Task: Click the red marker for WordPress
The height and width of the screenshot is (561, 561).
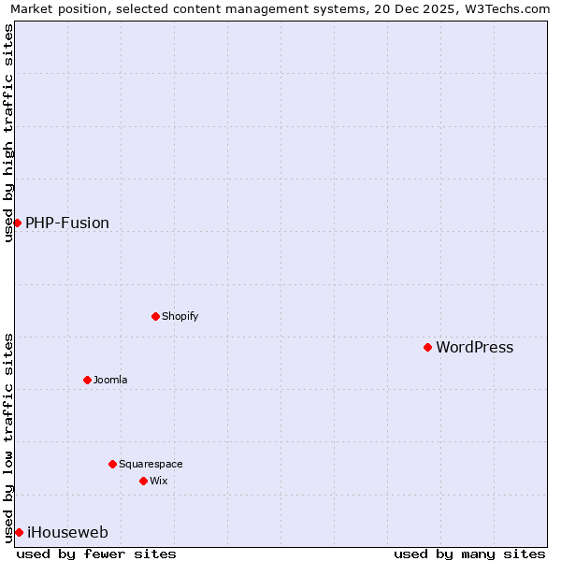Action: point(427,347)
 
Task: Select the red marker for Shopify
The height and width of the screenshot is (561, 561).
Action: point(155,316)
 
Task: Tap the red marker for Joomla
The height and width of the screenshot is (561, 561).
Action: point(87,380)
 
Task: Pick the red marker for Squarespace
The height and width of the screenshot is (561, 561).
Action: point(112,464)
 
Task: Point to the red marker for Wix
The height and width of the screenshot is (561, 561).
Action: point(143,481)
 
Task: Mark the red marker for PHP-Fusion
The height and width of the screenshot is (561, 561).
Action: point(17,223)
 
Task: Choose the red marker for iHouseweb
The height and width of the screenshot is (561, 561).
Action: point(19,532)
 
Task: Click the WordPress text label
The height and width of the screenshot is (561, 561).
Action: point(474,348)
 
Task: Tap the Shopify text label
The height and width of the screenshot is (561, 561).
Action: point(180,316)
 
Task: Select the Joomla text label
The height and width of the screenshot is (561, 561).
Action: point(110,380)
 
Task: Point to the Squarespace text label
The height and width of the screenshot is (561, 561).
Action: point(151,464)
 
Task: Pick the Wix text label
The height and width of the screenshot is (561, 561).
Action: point(158,481)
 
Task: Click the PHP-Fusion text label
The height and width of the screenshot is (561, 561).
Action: point(67,223)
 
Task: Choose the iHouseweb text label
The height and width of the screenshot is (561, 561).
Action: point(67,533)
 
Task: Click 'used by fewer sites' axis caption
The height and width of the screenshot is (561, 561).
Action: point(96,554)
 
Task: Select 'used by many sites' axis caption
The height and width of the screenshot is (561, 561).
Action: point(469,554)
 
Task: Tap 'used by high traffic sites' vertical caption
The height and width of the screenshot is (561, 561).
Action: point(8,133)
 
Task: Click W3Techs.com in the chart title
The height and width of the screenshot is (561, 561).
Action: point(505,9)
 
